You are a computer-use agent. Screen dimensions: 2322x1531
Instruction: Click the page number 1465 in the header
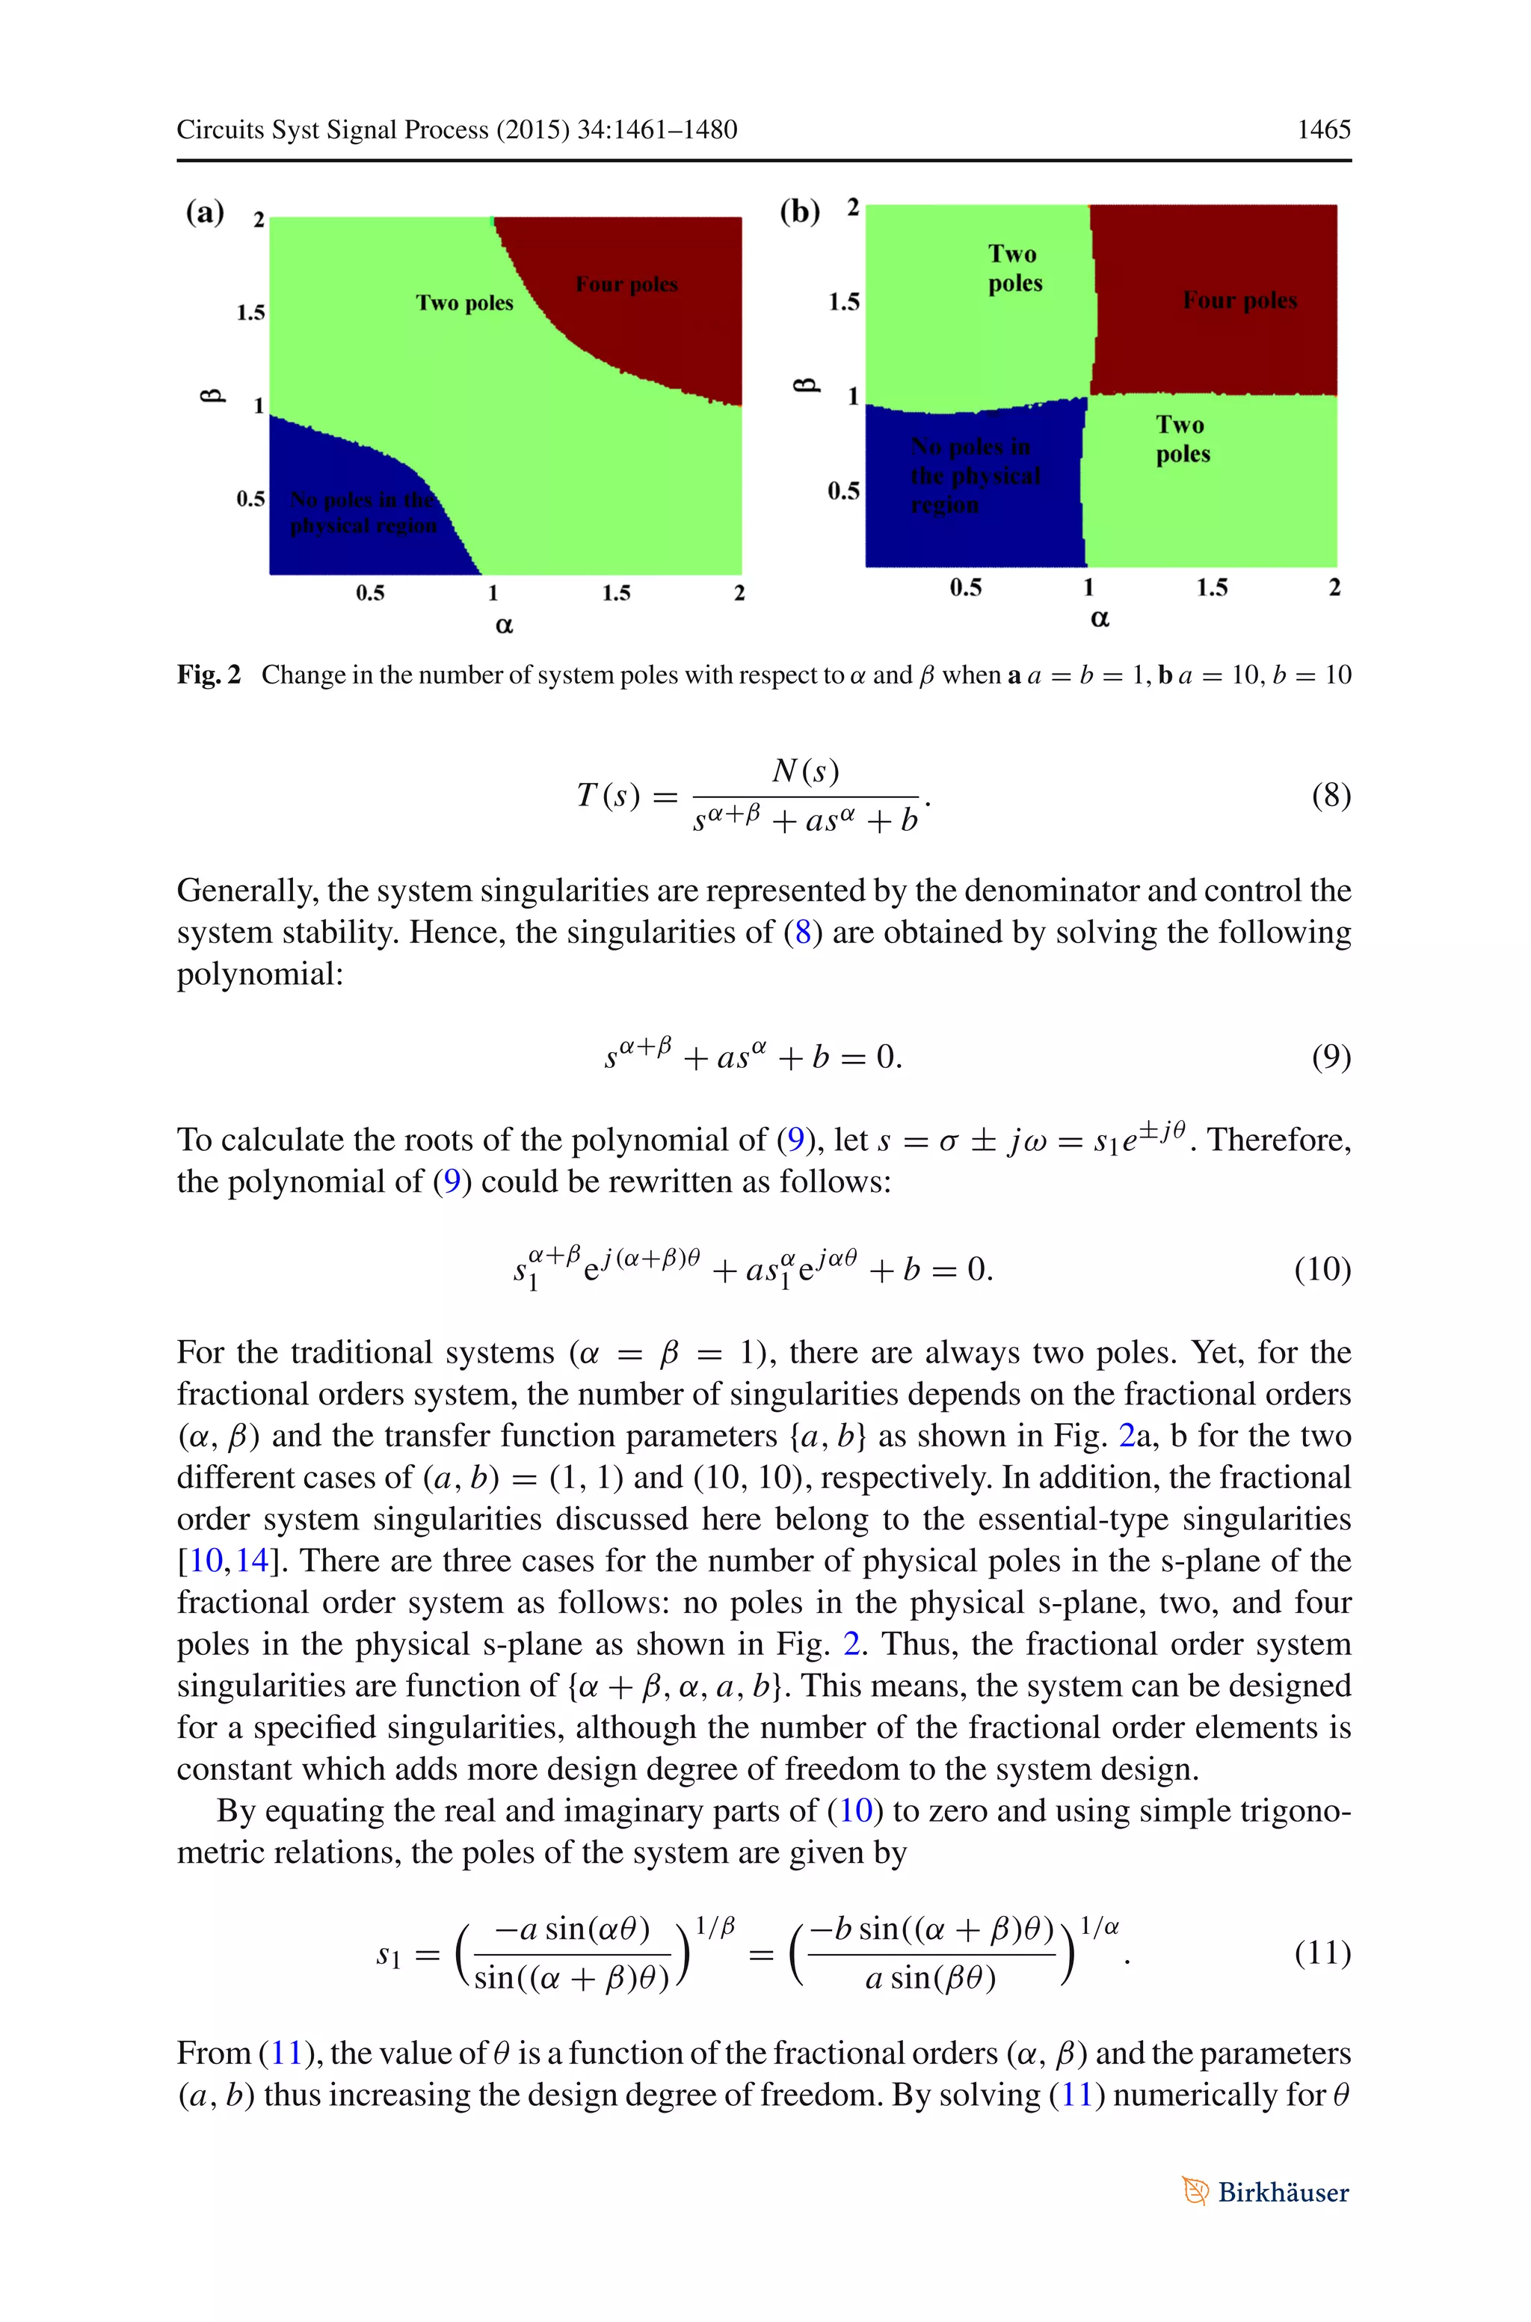[1323, 130]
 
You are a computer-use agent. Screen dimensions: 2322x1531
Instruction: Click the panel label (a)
[205, 212]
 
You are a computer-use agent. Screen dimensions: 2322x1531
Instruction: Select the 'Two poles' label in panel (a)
[465, 303]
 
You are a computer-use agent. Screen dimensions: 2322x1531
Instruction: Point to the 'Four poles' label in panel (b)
[1240, 300]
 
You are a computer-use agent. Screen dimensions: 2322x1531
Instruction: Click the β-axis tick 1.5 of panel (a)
[251, 313]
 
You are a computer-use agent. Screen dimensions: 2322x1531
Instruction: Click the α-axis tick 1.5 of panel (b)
[1212, 587]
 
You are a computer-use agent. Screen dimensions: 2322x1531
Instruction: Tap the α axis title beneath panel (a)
[504, 626]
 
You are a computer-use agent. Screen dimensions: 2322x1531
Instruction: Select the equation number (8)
[1331, 795]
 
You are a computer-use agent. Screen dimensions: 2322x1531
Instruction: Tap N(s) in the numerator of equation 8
[806, 772]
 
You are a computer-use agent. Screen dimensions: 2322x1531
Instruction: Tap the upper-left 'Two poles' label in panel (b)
[1014, 268]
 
